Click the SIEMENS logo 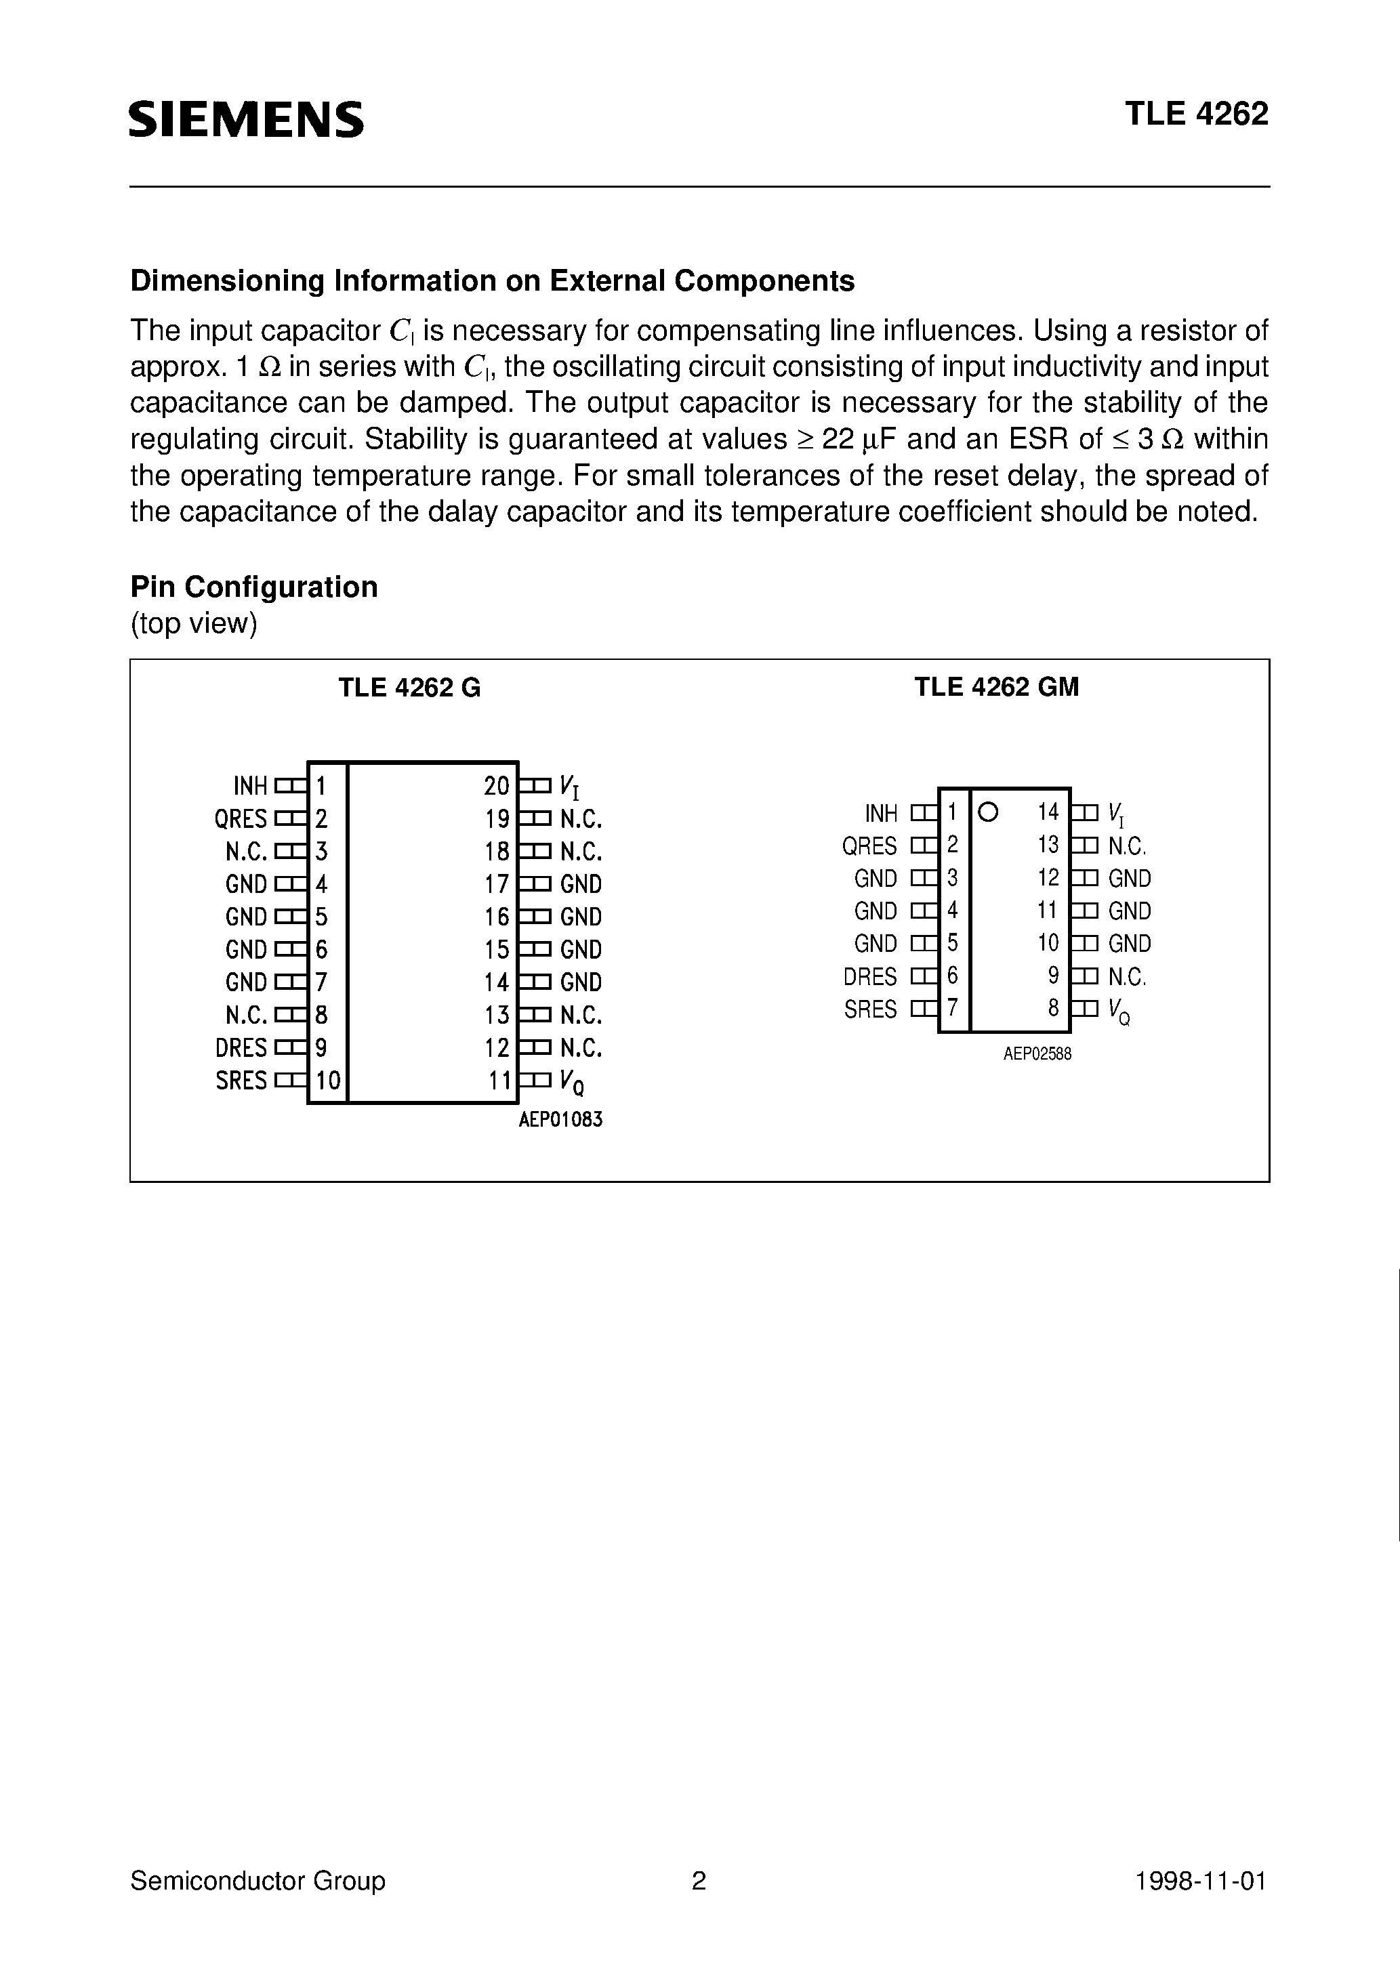(x=246, y=119)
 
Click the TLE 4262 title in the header (x=1195, y=114)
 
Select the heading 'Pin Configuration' (x=253, y=587)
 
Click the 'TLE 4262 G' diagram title (x=409, y=687)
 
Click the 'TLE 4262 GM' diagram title (x=996, y=687)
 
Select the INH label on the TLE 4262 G (x=250, y=786)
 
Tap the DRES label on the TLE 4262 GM (x=870, y=977)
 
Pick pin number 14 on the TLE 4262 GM (x=1048, y=812)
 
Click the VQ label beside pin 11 (x=571, y=1082)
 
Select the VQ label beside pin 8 (x=1119, y=1010)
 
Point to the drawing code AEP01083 (x=560, y=1121)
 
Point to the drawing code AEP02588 (x=1037, y=1054)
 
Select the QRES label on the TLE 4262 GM (x=869, y=846)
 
